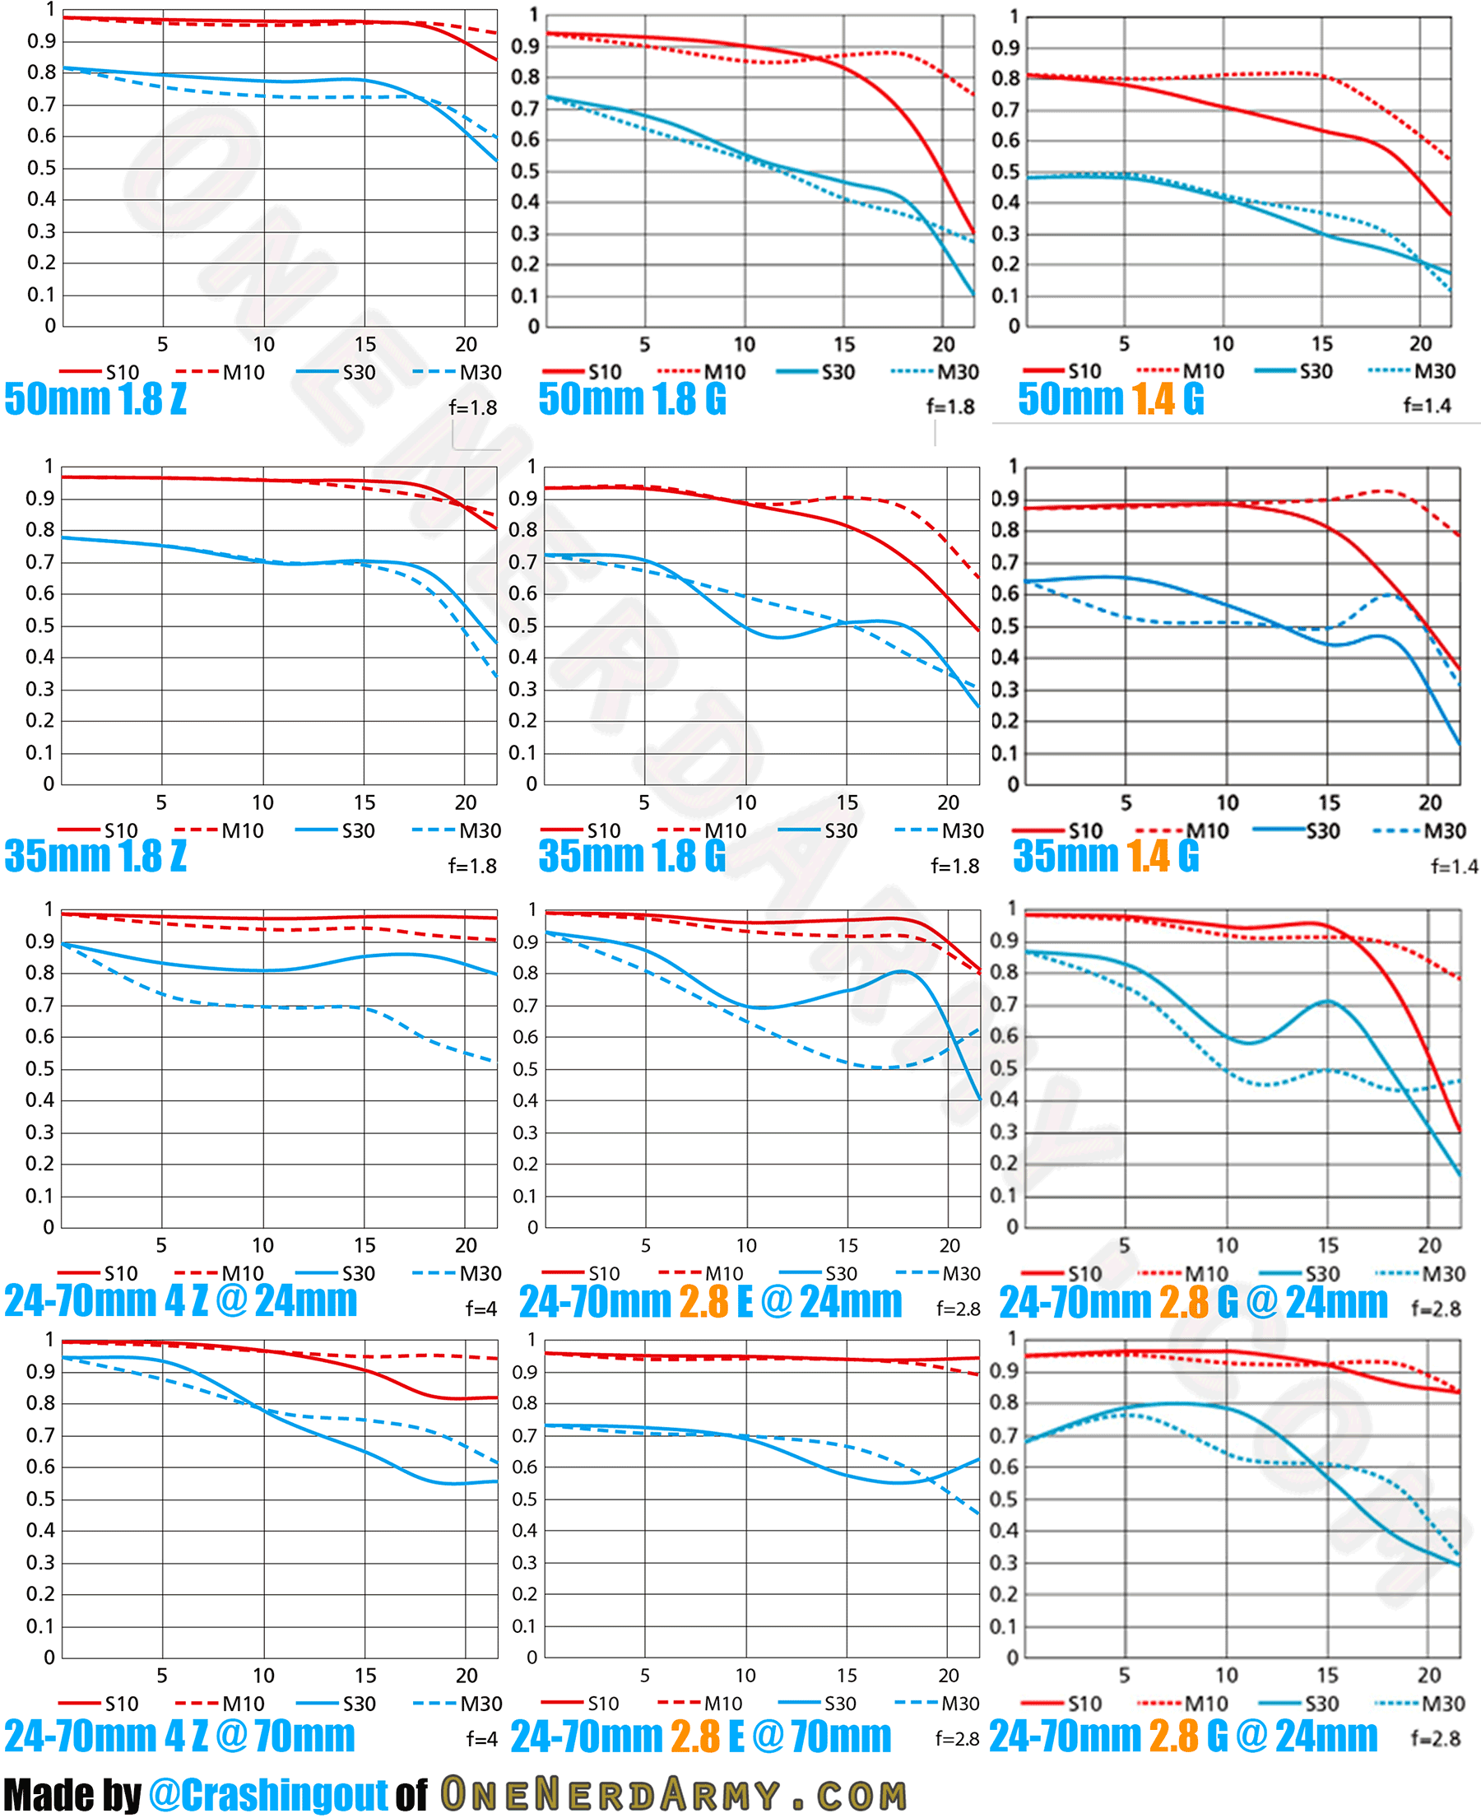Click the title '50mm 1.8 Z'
tap(95, 399)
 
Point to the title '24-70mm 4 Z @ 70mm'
tap(179, 1735)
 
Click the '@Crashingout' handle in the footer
tap(268, 1794)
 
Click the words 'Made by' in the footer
tap(72, 1794)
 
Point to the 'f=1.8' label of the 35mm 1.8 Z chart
tap(472, 866)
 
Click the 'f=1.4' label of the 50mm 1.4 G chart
tap(1427, 406)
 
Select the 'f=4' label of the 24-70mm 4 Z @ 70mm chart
tap(481, 1738)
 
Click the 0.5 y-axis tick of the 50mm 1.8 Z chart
tap(41, 168)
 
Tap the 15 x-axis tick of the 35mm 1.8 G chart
tap(847, 802)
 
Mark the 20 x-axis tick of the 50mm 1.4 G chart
tap(1419, 344)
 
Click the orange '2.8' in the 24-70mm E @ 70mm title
tap(695, 1736)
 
